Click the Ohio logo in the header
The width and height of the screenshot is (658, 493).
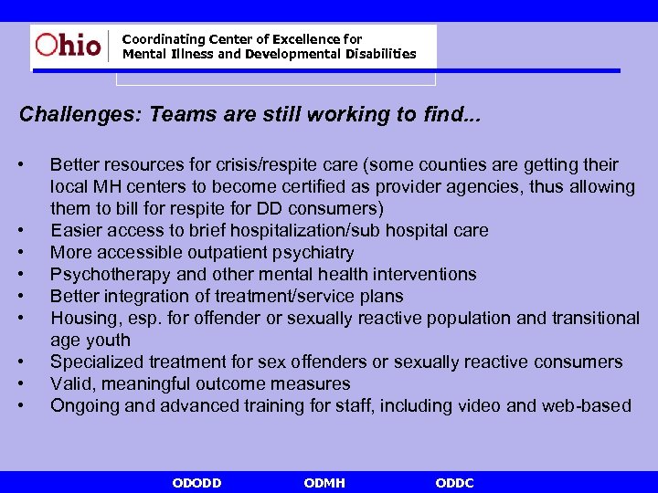tap(69, 44)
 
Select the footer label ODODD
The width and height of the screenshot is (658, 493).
tap(196, 483)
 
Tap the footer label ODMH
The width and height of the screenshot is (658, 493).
tap(324, 483)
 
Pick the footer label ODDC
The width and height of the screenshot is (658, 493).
tap(455, 483)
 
